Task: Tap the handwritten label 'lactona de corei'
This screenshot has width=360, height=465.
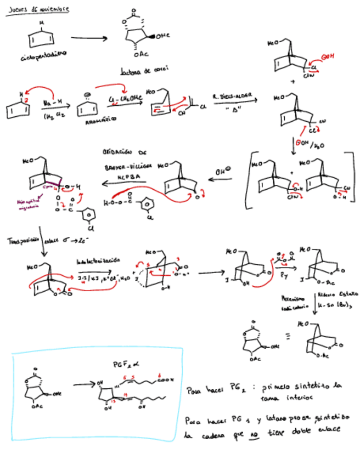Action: [x=144, y=70]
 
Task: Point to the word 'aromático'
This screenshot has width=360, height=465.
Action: [x=100, y=124]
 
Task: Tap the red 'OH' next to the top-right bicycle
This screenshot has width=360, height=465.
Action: [x=328, y=56]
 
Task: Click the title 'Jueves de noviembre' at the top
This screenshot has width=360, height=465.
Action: [x=37, y=9]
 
